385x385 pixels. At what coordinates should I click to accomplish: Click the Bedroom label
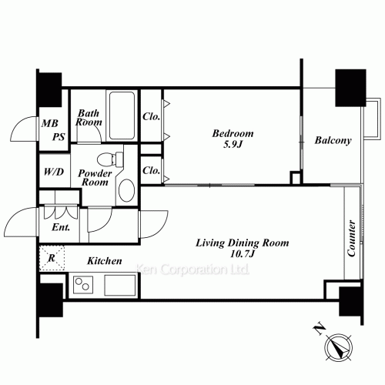[233, 133]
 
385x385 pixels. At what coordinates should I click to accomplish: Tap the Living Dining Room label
[243, 243]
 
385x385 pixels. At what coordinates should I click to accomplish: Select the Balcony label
[333, 140]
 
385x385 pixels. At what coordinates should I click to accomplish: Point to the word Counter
[351, 238]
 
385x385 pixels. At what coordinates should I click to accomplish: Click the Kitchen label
[105, 261]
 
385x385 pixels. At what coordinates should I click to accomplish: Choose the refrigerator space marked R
[52, 258]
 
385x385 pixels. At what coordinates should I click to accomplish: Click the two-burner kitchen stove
[83, 285]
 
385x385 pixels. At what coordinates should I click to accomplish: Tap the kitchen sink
[120, 285]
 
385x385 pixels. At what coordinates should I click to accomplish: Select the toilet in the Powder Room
[110, 159]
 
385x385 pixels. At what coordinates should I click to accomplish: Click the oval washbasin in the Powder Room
[126, 190]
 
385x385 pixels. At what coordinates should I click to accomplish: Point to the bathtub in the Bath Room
[122, 115]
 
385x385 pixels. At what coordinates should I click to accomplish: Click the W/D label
[54, 172]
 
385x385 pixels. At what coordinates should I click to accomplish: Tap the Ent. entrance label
[61, 227]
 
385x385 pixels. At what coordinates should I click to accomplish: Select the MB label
[50, 123]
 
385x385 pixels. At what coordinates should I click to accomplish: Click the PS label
[59, 137]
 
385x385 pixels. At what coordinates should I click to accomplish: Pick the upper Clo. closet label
[151, 116]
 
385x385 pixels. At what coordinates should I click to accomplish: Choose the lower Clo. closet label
[151, 170]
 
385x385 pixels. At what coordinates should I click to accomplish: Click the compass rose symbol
[338, 346]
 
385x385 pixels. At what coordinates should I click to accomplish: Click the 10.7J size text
[243, 254]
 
